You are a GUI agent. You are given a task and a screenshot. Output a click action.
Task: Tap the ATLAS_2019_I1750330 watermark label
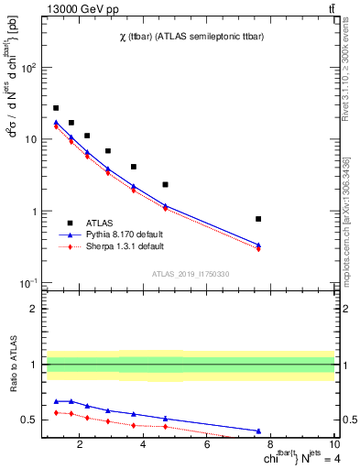click(x=191, y=274)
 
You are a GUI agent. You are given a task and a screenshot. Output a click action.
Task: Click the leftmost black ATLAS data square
click(x=56, y=108)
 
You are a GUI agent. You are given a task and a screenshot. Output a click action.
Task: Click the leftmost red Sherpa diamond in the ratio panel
click(x=56, y=412)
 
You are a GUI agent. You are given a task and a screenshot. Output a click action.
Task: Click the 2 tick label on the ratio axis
click(x=34, y=309)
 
